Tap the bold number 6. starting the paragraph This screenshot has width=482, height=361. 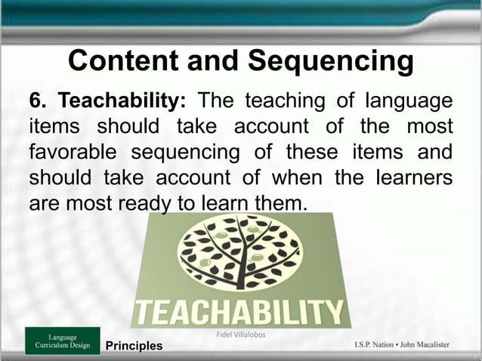[x=39, y=101]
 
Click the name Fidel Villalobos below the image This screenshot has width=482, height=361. [x=240, y=334]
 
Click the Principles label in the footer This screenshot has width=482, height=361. [x=134, y=347]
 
